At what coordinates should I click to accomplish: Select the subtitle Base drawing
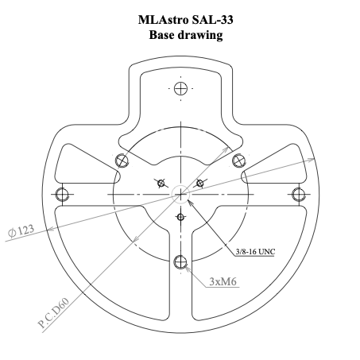click(180, 35)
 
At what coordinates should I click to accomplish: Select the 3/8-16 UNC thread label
click(260, 252)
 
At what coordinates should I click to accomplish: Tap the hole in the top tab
click(180, 87)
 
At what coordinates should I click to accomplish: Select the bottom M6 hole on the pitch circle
click(180, 261)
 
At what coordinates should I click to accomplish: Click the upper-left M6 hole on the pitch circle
click(122, 160)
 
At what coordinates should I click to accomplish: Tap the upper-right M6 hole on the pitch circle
click(238, 160)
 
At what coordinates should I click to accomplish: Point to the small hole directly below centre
click(180, 216)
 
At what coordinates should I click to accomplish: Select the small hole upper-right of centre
click(200, 183)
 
